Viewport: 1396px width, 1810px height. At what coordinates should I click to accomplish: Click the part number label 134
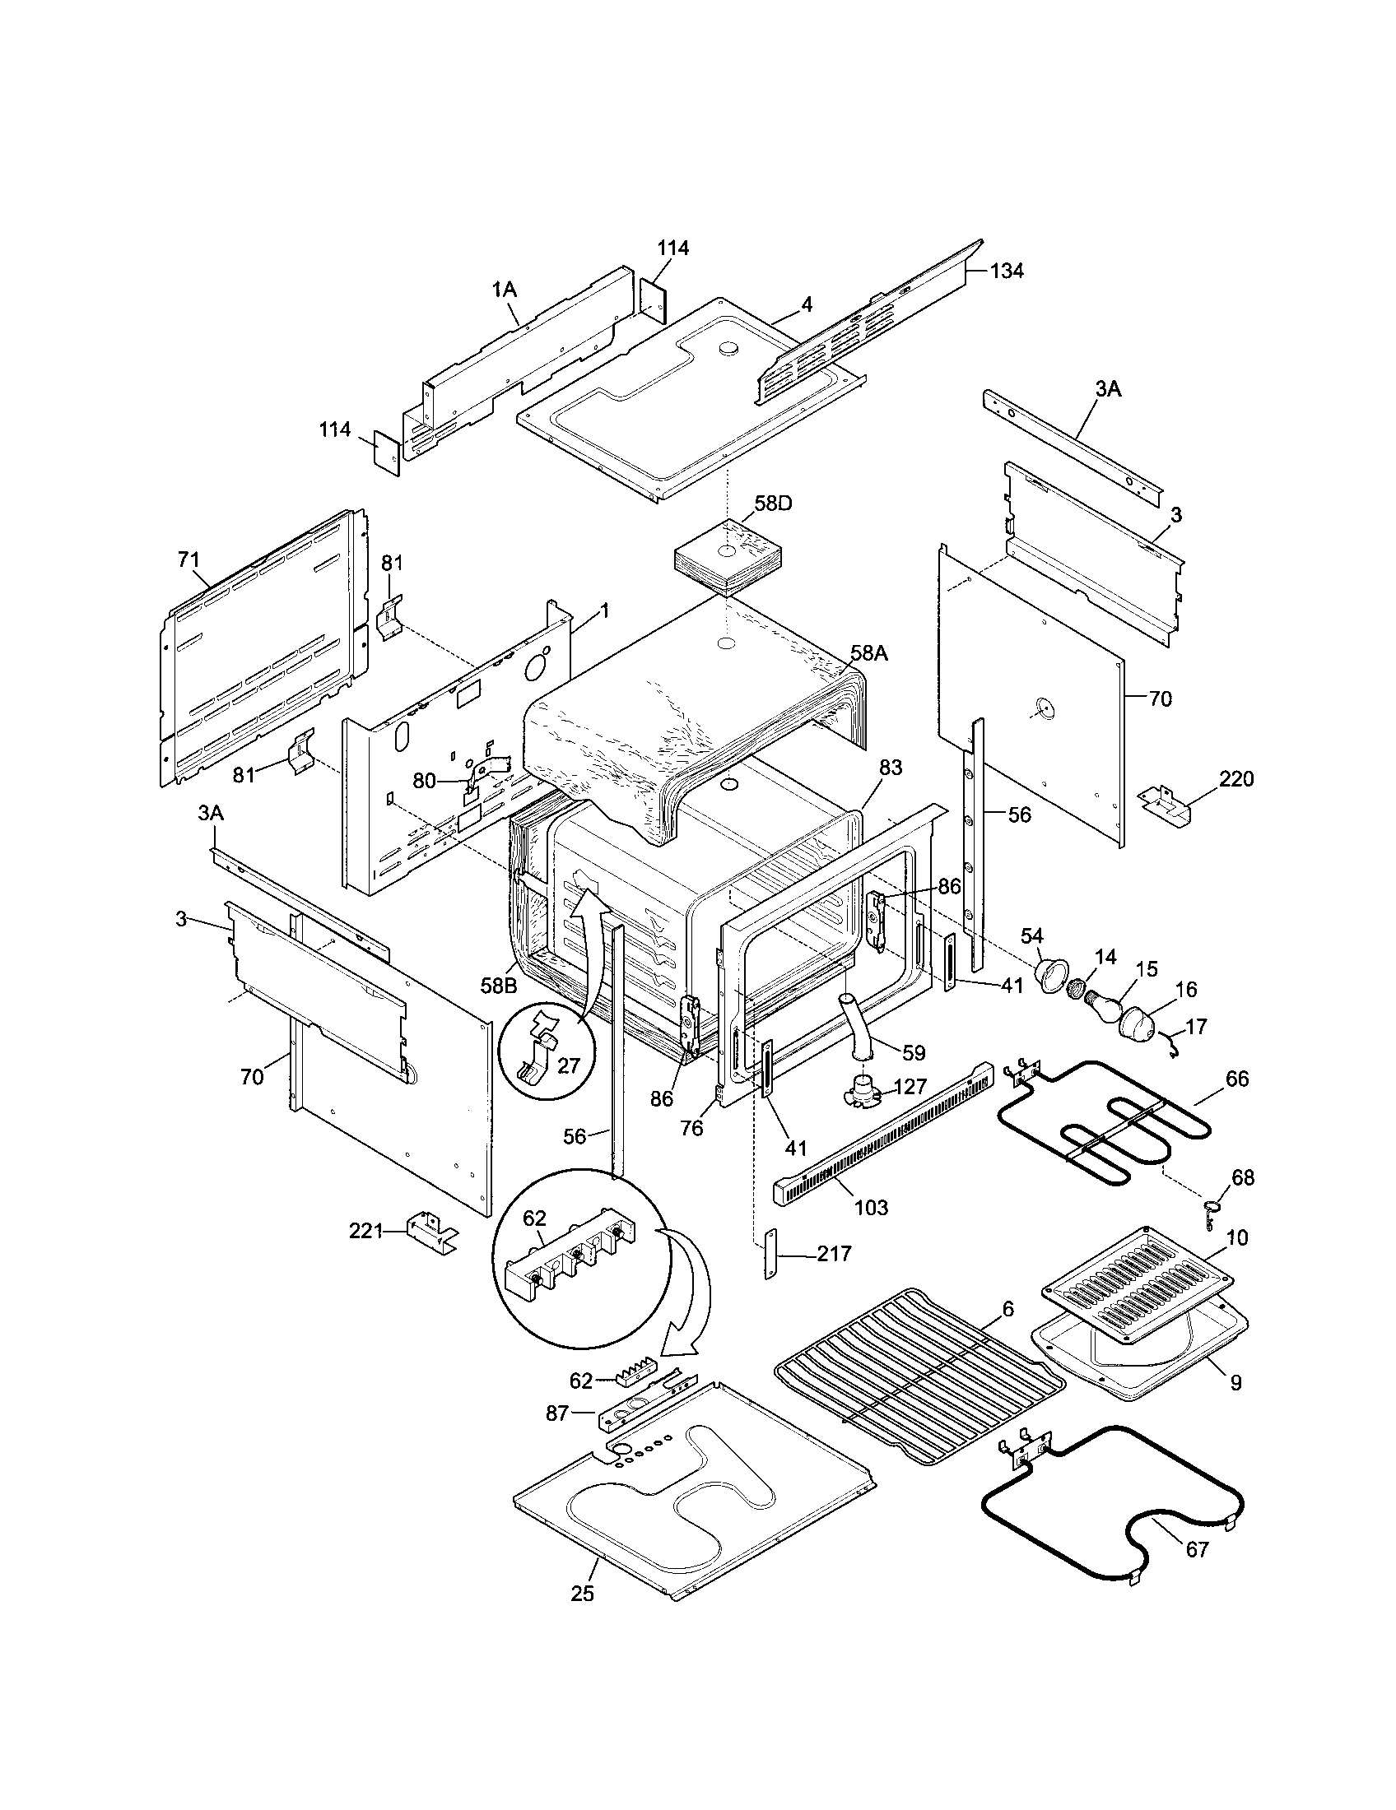(1006, 271)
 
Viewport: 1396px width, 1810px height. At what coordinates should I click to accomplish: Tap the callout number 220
(1236, 779)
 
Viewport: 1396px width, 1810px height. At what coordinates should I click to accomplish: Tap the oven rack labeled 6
(920, 1376)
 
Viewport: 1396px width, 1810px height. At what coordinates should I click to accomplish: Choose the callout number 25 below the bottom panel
(583, 1593)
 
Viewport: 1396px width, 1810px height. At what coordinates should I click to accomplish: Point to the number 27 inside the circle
(568, 1065)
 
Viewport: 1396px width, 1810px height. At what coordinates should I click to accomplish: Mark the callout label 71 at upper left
(188, 560)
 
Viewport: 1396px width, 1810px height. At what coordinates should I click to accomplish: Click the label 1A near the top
(504, 290)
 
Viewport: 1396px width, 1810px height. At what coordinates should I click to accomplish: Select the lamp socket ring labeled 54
(1055, 972)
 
